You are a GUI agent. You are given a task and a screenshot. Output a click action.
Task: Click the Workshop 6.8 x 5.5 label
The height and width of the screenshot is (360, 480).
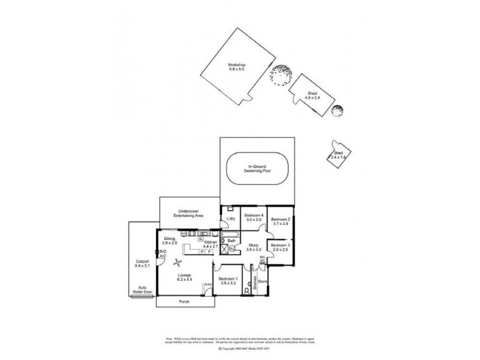[236, 67]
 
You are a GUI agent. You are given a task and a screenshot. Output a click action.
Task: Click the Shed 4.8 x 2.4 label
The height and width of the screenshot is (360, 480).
[312, 96]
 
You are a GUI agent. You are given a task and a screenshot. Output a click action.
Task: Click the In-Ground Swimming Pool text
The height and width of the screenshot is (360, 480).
[258, 169]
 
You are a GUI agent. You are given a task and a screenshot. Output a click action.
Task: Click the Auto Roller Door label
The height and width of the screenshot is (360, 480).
[143, 289]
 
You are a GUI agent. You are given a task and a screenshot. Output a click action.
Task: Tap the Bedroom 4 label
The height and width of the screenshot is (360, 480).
[253, 217]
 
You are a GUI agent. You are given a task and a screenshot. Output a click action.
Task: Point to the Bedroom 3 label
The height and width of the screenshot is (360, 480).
[280, 248]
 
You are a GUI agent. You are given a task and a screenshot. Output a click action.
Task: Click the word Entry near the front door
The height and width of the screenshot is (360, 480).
[208, 284]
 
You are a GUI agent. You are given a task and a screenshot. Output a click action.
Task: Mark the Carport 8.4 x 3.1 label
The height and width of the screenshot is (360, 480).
[142, 264]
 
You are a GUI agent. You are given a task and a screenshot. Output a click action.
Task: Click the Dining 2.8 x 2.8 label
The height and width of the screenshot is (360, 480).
[170, 241]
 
